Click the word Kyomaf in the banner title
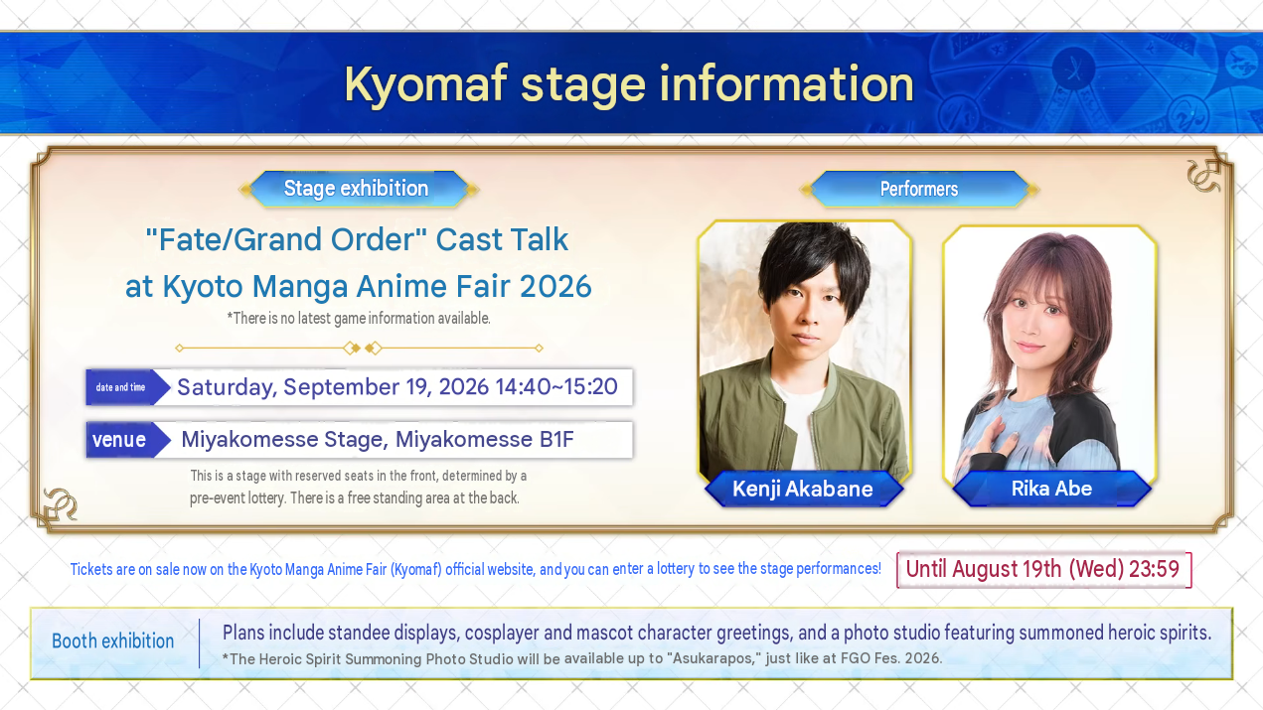(425, 84)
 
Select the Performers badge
(919, 189)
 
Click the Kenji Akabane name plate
(803, 489)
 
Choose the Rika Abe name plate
(1051, 489)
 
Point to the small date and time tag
(127, 387)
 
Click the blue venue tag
(127, 440)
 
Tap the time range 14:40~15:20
(556, 386)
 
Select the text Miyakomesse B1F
(484, 439)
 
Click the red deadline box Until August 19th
(1043, 569)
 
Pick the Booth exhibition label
(112, 641)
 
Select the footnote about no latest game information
(359, 319)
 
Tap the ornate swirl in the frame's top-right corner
(1203, 177)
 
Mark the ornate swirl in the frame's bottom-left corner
(61, 503)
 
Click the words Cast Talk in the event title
(502, 239)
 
